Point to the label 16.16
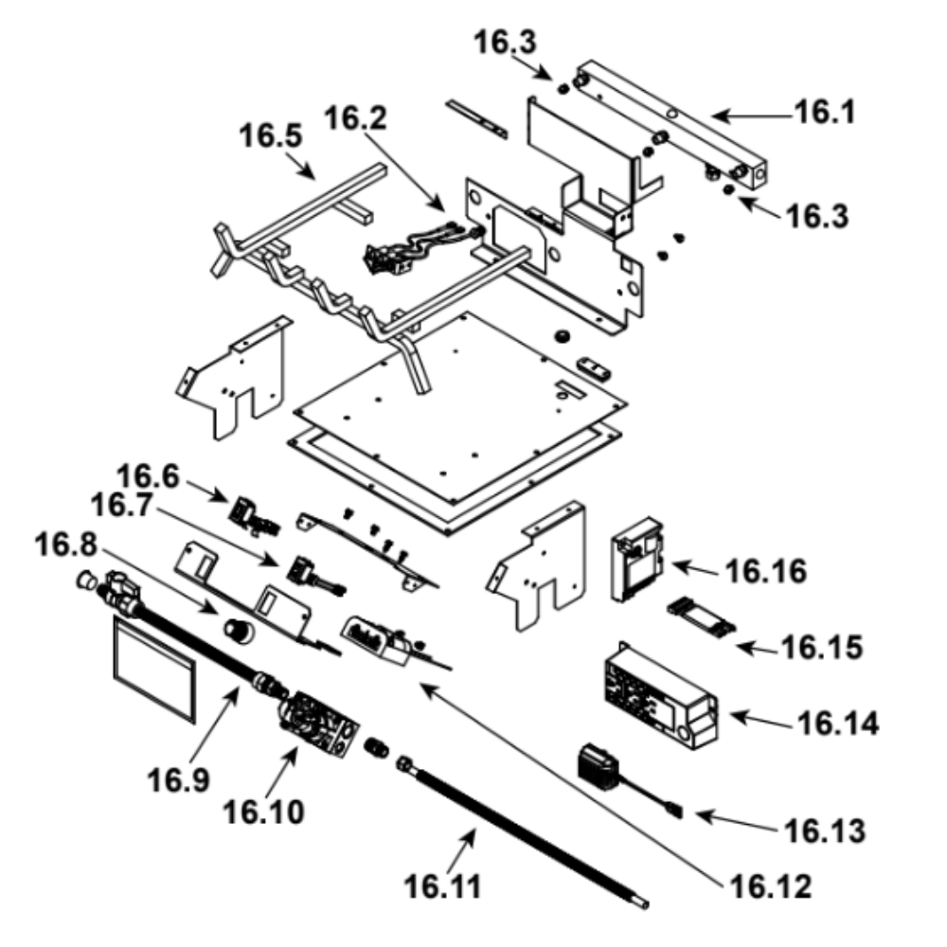(x=766, y=572)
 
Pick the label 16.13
(x=824, y=831)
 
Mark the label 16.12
(x=770, y=888)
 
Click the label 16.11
(x=443, y=886)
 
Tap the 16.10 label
(x=264, y=811)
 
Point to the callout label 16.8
(x=67, y=546)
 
